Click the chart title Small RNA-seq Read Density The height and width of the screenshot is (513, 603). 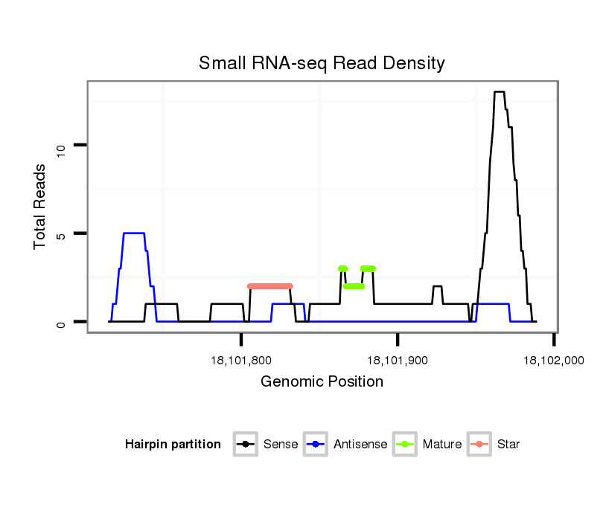322,63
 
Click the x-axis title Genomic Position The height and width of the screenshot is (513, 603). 322,382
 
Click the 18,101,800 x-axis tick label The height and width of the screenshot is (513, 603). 240,361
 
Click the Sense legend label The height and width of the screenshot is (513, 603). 281,445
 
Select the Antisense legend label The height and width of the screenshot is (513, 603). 360,445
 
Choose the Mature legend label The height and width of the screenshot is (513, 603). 442,445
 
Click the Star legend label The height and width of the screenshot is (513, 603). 508,445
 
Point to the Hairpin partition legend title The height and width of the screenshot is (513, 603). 173,445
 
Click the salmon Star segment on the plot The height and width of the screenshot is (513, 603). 270,286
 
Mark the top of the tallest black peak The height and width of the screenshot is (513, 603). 499,92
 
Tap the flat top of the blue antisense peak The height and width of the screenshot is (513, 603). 133,233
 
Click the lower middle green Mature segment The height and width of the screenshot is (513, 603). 354,286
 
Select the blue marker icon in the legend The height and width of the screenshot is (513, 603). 316,445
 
